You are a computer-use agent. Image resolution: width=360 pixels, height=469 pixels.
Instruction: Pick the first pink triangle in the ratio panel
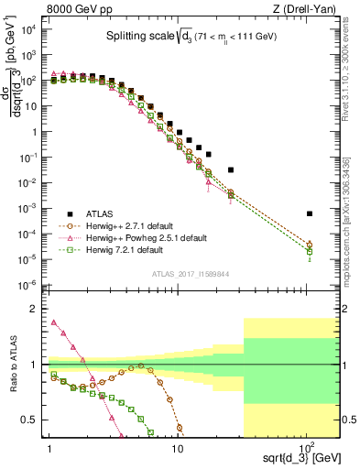[x=53, y=322]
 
